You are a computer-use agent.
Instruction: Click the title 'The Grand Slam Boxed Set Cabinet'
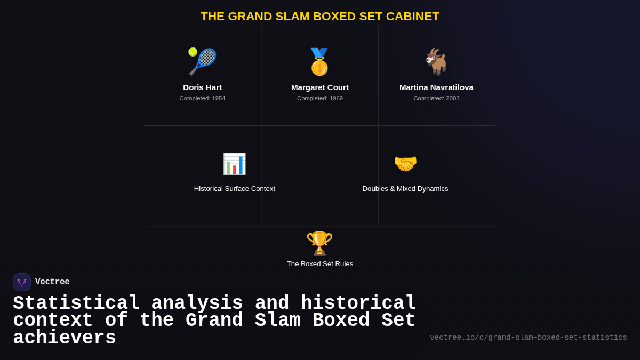coord(320,17)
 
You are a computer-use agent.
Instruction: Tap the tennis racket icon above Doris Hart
coord(202,61)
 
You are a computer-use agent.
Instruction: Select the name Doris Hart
coord(202,87)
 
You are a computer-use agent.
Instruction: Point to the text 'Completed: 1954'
coord(202,98)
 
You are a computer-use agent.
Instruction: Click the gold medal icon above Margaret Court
coord(319,62)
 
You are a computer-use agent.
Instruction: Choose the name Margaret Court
coord(320,87)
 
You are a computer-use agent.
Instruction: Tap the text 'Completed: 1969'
coord(320,98)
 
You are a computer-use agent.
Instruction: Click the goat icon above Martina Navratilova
coord(436,62)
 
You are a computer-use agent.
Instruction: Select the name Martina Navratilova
coord(436,87)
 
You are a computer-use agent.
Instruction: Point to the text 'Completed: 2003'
coord(436,98)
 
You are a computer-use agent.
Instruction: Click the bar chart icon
coord(234,164)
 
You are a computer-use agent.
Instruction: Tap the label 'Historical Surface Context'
coord(235,189)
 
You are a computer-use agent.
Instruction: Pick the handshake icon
coord(405,164)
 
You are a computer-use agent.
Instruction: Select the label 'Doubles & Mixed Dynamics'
coord(405,189)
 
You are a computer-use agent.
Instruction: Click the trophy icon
coord(319,243)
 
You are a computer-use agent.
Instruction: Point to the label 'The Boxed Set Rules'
coord(320,264)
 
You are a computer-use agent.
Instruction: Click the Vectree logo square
coord(22,282)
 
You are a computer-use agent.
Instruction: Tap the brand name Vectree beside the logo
coord(52,282)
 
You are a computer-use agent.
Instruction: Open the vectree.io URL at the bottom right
coord(529,338)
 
